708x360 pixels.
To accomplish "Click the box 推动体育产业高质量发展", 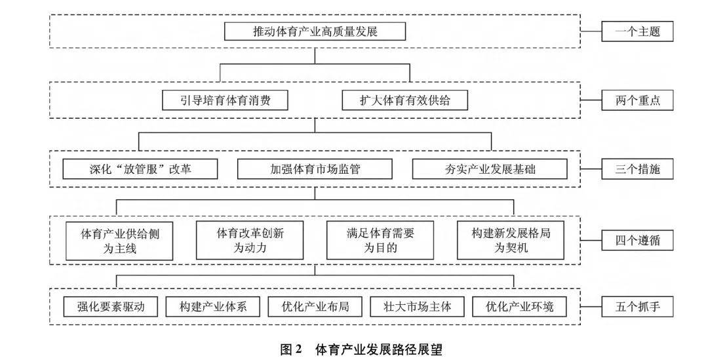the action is pyautogui.click(x=315, y=31).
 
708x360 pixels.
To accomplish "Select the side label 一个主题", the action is pyautogui.click(x=637, y=31).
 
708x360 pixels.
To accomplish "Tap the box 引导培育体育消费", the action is pyautogui.click(x=225, y=100).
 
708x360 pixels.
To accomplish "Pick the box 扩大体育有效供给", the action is pyautogui.click(x=404, y=100).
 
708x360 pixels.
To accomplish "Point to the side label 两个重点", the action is pyautogui.click(x=637, y=100).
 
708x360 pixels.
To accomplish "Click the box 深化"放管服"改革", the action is pyautogui.click(x=140, y=169).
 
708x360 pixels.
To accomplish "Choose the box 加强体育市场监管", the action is pyautogui.click(x=315, y=169).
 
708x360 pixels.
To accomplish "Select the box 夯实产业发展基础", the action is pyautogui.click(x=490, y=169).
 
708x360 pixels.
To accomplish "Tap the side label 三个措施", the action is pyautogui.click(x=637, y=169).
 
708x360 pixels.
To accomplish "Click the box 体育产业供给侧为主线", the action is pyautogui.click(x=119, y=241).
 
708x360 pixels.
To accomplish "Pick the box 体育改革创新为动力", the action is pyautogui.click(x=250, y=240).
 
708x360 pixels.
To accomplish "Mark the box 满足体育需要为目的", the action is pyautogui.click(x=380, y=240).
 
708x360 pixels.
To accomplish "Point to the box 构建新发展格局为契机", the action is pyautogui.click(x=511, y=240).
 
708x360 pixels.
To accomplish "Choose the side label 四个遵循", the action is pyautogui.click(x=637, y=240).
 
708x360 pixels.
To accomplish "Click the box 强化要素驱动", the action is pyautogui.click(x=111, y=307).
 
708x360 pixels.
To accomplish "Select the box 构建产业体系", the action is pyautogui.click(x=212, y=307).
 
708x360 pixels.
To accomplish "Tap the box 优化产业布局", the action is pyautogui.click(x=315, y=307).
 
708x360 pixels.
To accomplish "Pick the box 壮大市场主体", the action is pyautogui.click(x=417, y=307).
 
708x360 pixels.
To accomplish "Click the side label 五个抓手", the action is pyautogui.click(x=637, y=307).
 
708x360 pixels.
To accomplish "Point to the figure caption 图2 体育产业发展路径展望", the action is pyautogui.click(x=361, y=349).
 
